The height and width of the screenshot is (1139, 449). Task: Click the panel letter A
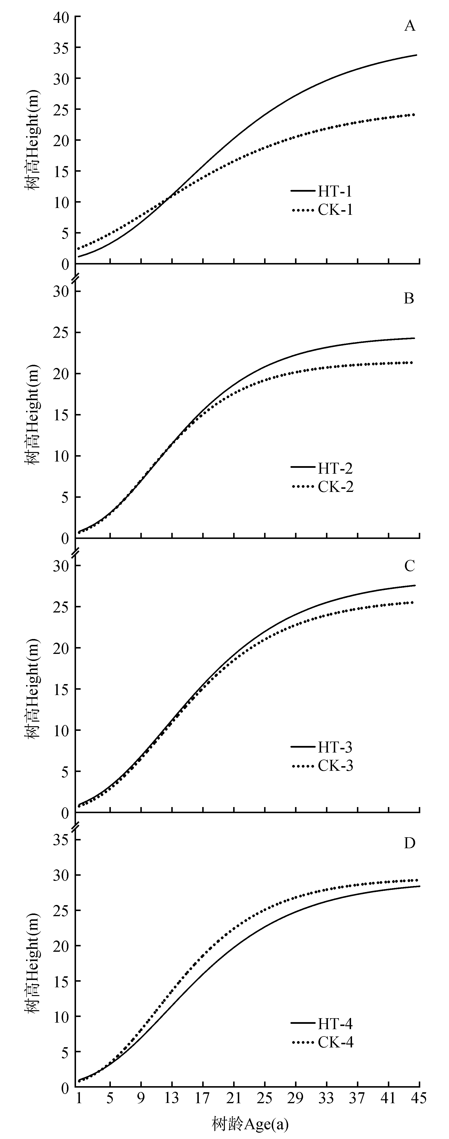tap(410, 27)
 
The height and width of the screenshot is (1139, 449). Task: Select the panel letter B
tap(409, 299)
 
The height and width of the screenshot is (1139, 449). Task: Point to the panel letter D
tap(409, 843)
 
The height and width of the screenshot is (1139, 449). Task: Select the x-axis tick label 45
tap(419, 1095)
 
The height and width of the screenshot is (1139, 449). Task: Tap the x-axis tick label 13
tap(172, 1095)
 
